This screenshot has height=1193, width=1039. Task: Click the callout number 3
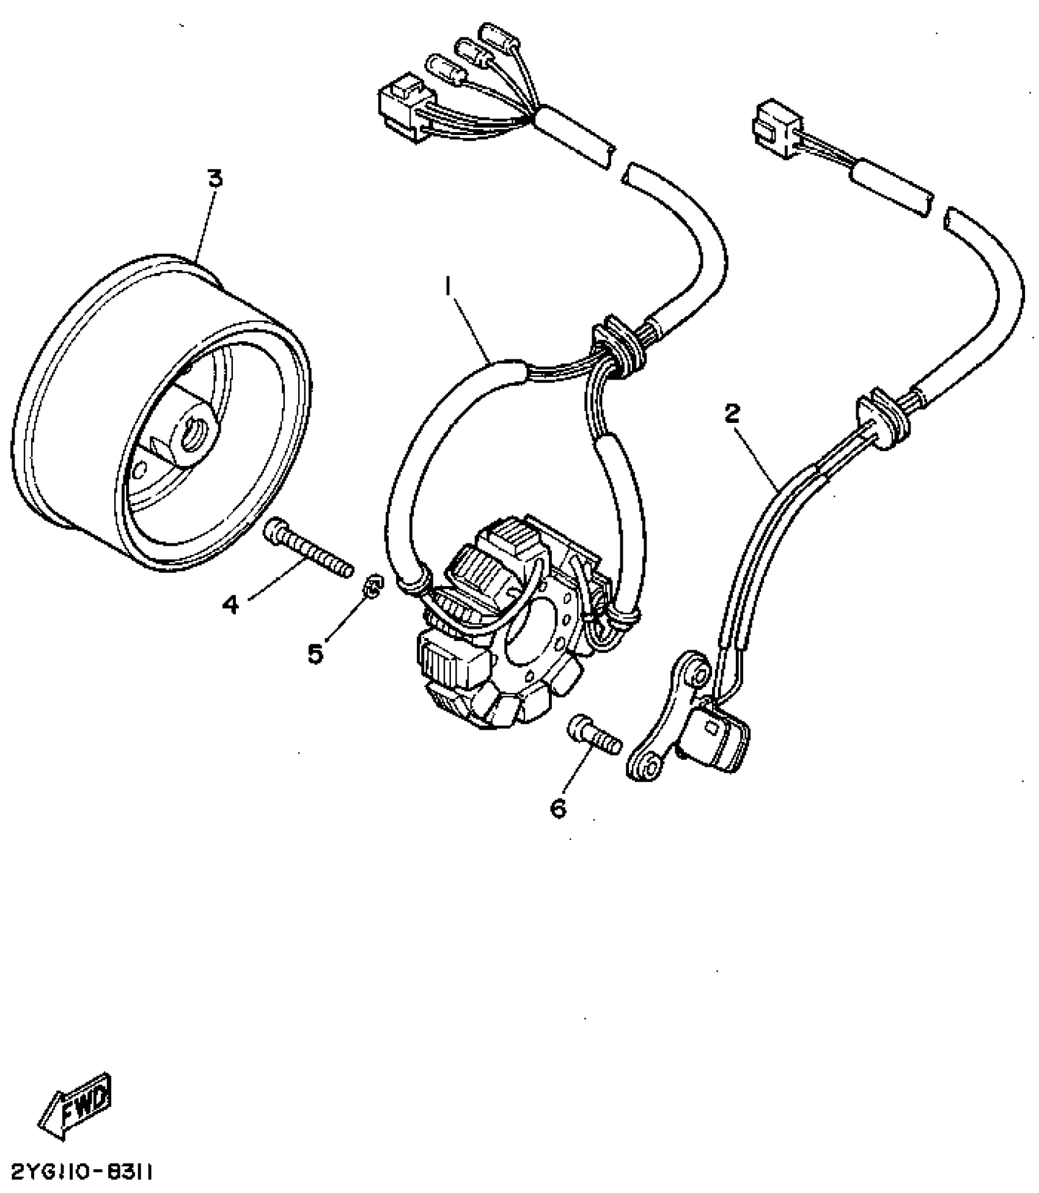pos(215,179)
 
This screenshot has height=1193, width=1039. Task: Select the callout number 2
pos(732,414)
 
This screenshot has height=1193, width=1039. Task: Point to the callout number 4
pos(230,605)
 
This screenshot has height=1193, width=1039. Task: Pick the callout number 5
pos(315,654)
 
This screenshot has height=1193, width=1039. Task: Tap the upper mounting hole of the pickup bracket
pos(697,675)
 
